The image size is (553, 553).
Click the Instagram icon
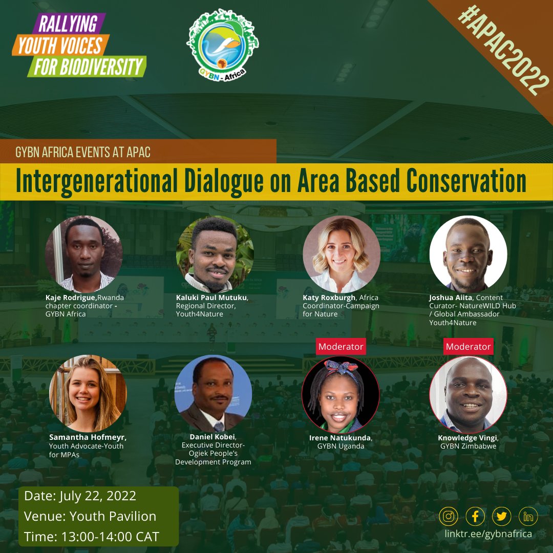click(449, 516)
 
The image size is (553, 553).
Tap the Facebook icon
click(475, 516)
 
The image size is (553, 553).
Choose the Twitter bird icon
click(502, 516)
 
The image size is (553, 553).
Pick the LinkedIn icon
click(528, 516)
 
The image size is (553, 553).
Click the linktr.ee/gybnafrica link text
click(488, 534)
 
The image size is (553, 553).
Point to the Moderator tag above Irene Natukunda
click(341, 347)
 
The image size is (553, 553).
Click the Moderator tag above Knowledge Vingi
click(468, 347)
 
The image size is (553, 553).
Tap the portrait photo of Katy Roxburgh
click(342, 254)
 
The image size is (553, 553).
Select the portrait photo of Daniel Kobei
click(213, 393)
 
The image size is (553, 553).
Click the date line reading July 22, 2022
click(80, 496)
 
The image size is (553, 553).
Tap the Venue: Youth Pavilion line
click(90, 516)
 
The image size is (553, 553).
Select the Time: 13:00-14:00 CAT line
click(92, 537)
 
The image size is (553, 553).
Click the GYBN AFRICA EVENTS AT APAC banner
click(83, 152)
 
